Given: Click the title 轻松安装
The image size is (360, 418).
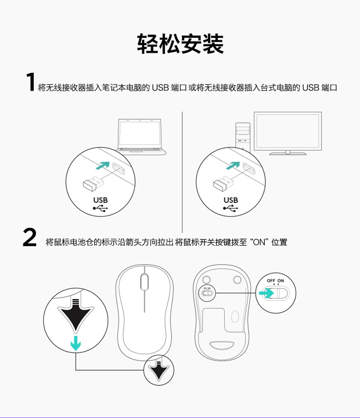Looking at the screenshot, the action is pyautogui.click(x=180, y=44).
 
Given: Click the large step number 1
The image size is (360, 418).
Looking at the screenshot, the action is pyautogui.click(x=31, y=82).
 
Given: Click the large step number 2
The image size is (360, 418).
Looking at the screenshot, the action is pyautogui.click(x=30, y=238).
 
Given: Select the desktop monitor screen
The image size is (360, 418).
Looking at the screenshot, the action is pyautogui.click(x=288, y=132).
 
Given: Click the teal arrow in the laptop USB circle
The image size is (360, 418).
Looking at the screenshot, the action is pyautogui.click(x=103, y=166).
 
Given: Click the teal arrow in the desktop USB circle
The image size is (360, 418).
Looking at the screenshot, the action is pyautogui.click(x=233, y=166).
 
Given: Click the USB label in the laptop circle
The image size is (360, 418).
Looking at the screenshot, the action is pyautogui.click(x=100, y=200).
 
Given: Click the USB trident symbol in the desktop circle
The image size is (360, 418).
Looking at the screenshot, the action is pyautogui.click(x=231, y=208).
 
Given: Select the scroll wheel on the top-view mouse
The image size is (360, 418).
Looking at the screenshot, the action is pyautogui.click(x=144, y=282).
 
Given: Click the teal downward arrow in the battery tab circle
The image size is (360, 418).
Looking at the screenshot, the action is pyautogui.click(x=76, y=343).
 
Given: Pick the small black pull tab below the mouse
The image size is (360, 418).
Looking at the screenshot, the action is pyautogui.click(x=159, y=370).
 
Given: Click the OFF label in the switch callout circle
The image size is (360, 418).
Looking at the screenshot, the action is pyautogui.click(x=271, y=281).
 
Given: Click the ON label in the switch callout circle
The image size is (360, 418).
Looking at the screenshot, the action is pyautogui.click(x=280, y=281).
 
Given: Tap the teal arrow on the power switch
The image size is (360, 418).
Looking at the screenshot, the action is pyautogui.click(x=266, y=293).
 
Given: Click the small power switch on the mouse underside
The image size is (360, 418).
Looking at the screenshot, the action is pyautogui.click(x=207, y=293).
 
